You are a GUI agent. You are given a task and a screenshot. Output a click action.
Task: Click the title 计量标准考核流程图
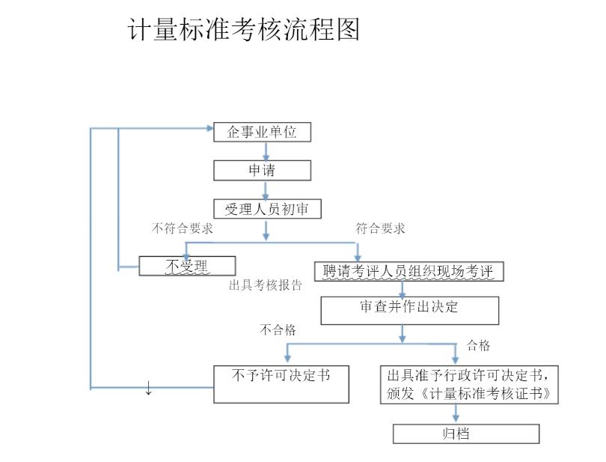pyautogui.click(x=244, y=30)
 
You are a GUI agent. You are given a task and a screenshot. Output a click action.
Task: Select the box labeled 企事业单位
pyautogui.click(x=262, y=133)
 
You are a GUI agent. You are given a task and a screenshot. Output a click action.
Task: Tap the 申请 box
pyautogui.click(x=262, y=171)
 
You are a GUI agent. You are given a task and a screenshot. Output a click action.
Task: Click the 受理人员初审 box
pyautogui.click(x=267, y=210)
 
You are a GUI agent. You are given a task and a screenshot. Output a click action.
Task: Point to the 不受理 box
pyautogui.click(x=187, y=266)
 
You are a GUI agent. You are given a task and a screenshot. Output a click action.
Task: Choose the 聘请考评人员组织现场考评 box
pyautogui.click(x=408, y=271)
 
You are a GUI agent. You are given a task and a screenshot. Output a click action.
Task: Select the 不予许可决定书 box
pyautogui.click(x=281, y=383)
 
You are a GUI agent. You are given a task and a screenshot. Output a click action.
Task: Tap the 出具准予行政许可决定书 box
pyautogui.click(x=471, y=383)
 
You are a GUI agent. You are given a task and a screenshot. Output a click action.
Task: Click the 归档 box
pyautogui.click(x=465, y=434)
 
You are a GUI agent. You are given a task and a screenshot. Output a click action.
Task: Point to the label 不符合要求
pyautogui.click(x=183, y=228)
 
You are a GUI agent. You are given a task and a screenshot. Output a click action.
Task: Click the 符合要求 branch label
pyautogui.click(x=380, y=228)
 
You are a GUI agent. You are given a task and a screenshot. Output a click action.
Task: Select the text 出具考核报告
pyautogui.click(x=266, y=286)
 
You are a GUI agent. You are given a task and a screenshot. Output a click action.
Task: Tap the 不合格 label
pyautogui.click(x=278, y=329)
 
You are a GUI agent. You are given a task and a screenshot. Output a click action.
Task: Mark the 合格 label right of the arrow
pyautogui.click(x=479, y=345)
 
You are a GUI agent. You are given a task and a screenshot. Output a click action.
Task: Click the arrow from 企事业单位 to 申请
pyautogui.click(x=266, y=151)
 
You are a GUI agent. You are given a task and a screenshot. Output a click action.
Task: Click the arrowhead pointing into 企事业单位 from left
pyautogui.click(x=209, y=128)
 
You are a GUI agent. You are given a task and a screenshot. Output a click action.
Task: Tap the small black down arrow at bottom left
pyautogui.click(x=148, y=388)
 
